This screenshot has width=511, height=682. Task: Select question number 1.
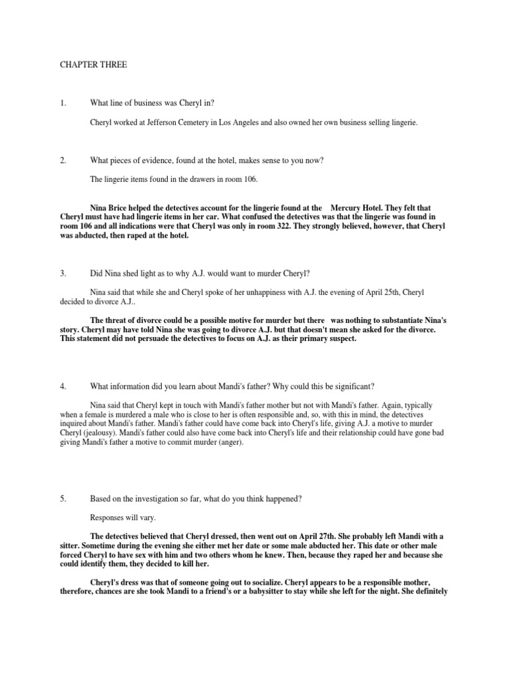[x=63, y=103]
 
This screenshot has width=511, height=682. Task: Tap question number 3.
[x=63, y=274]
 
